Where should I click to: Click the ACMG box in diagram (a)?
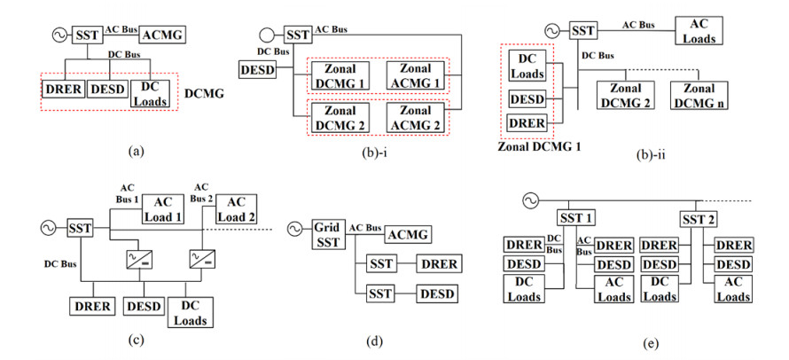click(157, 35)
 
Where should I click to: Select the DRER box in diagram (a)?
click(62, 90)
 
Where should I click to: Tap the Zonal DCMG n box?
click(698, 96)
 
